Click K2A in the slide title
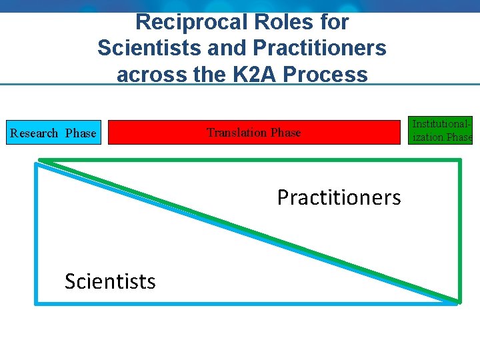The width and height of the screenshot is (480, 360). tap(253, 74)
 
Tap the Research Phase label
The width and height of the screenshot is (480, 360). tap(53, 133)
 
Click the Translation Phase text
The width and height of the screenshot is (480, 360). tap(253, 133)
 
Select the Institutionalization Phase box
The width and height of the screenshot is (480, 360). tap(441, 131)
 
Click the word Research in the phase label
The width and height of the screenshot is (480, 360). tap(35, 133)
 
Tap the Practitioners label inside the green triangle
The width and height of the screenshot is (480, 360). tap(339, 197)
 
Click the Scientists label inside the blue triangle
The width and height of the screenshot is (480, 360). tap(110, 281)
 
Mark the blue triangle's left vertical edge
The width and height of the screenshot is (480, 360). tap(36, 233)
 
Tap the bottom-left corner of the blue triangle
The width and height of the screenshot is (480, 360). tap(37, 303)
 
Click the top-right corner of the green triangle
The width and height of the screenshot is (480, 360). tap(459, 161)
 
